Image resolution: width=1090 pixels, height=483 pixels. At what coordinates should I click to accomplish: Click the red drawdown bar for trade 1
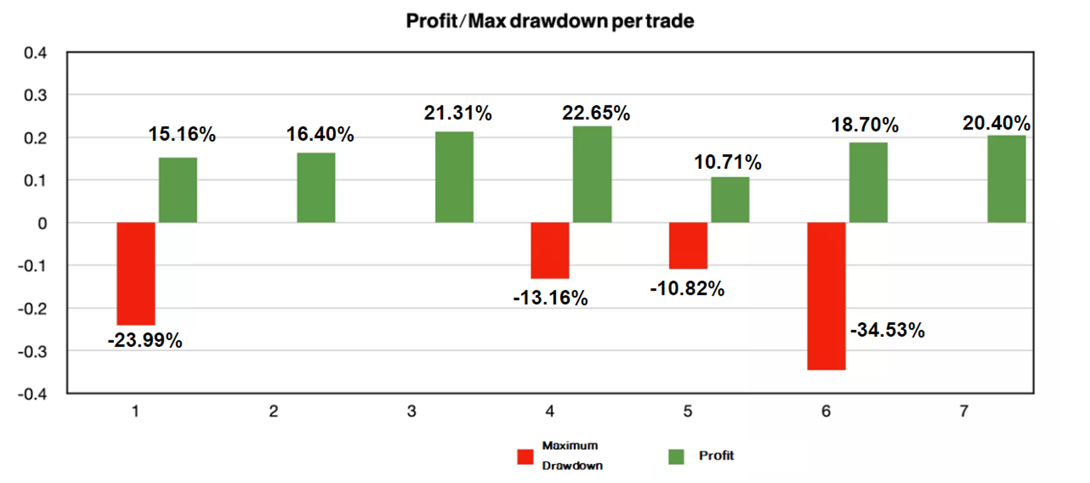coord(136,273)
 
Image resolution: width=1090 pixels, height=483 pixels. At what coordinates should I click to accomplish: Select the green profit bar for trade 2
coord(316,188)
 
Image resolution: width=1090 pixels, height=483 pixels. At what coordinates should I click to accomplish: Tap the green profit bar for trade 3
coord(454,177)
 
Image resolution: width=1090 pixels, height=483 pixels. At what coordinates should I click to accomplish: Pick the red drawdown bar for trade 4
coord(550,250)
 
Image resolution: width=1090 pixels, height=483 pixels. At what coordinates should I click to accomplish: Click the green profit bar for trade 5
coord(730,200)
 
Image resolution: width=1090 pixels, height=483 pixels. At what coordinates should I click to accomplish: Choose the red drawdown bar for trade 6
coord(826,296)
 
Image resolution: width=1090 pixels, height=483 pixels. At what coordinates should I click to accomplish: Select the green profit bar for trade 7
coord(1006,179)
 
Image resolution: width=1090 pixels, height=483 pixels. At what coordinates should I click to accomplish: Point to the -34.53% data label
coord(887,330)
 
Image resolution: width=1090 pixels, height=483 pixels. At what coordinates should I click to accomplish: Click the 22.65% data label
coord(596,113)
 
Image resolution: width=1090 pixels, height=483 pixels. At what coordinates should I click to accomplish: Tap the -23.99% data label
coord(145,340)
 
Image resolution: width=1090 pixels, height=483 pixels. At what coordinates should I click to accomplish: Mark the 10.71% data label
coord(727,162)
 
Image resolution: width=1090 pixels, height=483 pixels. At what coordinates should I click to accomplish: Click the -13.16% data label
coord(550,298)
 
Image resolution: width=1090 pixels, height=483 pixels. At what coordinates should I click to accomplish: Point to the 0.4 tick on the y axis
coord(35,53)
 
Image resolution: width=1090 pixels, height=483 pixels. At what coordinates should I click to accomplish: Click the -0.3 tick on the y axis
coord(32,352)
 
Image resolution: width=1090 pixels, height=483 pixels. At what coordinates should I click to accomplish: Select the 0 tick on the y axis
coord(42,224)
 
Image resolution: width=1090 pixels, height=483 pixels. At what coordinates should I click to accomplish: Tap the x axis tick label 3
coord(411,411)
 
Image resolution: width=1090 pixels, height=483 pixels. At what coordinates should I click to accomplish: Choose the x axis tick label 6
coord(826,411)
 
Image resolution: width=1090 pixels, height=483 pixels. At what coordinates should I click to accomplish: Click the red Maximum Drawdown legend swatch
coord(525,457)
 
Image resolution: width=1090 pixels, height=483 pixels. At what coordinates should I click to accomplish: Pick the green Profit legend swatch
coord(676,457)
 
